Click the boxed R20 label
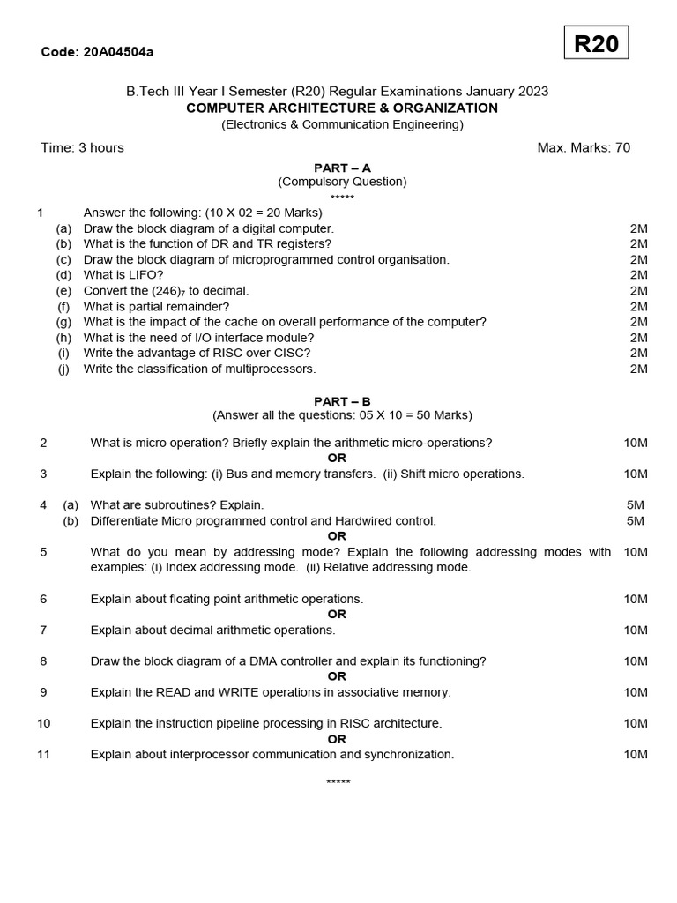(596, 43)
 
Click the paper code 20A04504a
(118, 52)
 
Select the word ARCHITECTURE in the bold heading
(302, 108)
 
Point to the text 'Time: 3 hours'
(82, 147)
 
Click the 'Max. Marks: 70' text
(584, 147)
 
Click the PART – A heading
(342, 168)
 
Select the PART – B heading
(342, 401)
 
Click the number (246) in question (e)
(166, 291)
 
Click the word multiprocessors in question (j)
(272, 369)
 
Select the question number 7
(43, 630)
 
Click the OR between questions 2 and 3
(337, 458)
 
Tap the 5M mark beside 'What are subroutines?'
(635, 504)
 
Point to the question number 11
(43, 754)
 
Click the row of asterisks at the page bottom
(338, 782)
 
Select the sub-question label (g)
(63, 322)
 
